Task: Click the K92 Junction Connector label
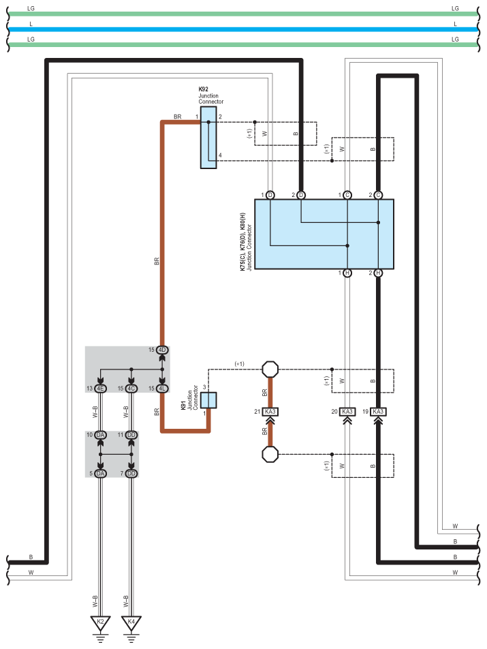[x=211, y=95]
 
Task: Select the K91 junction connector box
[x=208, y=400]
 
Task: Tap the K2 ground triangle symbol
[x=100, y=622]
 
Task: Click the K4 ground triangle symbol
[x=131, y=622]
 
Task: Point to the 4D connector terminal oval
[x=162, y=350]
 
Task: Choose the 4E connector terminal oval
[x=100, y=389]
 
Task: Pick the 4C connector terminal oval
[x=131, y=389]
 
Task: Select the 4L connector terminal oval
[x=162, y=389]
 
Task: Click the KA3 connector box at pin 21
[x=270, y=412]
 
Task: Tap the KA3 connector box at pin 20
[x=347, y=412]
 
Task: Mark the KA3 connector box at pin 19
[x=378, y=412]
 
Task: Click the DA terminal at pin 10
[x=100, y=435]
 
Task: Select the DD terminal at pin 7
[x=131, y=474]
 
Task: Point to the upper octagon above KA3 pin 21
[x=270, y=369]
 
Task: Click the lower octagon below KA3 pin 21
[x=270, y=454]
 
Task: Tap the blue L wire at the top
[x=243, y=29]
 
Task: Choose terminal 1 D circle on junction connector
[x=270, y=195]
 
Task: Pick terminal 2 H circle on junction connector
[x=378, y=273]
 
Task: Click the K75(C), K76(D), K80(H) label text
[x=242, y=242]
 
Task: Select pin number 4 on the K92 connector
[x=220, y=155]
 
